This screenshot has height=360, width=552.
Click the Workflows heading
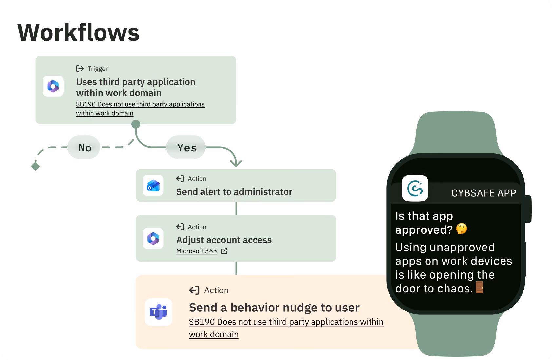(78, 32)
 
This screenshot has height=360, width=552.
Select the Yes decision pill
(186, 147)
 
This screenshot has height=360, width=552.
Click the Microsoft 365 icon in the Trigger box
(53, 86)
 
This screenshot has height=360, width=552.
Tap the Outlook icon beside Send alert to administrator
(153, 186)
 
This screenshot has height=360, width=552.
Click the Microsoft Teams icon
(159, 312)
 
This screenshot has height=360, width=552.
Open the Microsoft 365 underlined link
(197, 251)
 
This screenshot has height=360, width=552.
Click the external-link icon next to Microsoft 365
(224, 251)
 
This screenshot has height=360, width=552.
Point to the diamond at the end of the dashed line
(35, 166)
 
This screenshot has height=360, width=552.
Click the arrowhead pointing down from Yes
(236, 163)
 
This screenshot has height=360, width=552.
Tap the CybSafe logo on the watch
(415, 189)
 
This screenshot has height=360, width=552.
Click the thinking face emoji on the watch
(462, 229)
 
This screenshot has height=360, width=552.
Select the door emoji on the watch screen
(479, 287)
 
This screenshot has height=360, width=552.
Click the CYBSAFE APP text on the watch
(484, 193)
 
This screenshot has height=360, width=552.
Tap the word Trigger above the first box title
(98, 69)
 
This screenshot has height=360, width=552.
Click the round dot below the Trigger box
(136, 124)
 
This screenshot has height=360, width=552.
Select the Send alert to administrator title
(234, 192)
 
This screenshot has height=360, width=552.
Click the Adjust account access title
(224, 240)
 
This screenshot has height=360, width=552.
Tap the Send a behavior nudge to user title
(274, 308)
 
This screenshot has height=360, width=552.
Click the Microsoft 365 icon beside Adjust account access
(153, 238)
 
